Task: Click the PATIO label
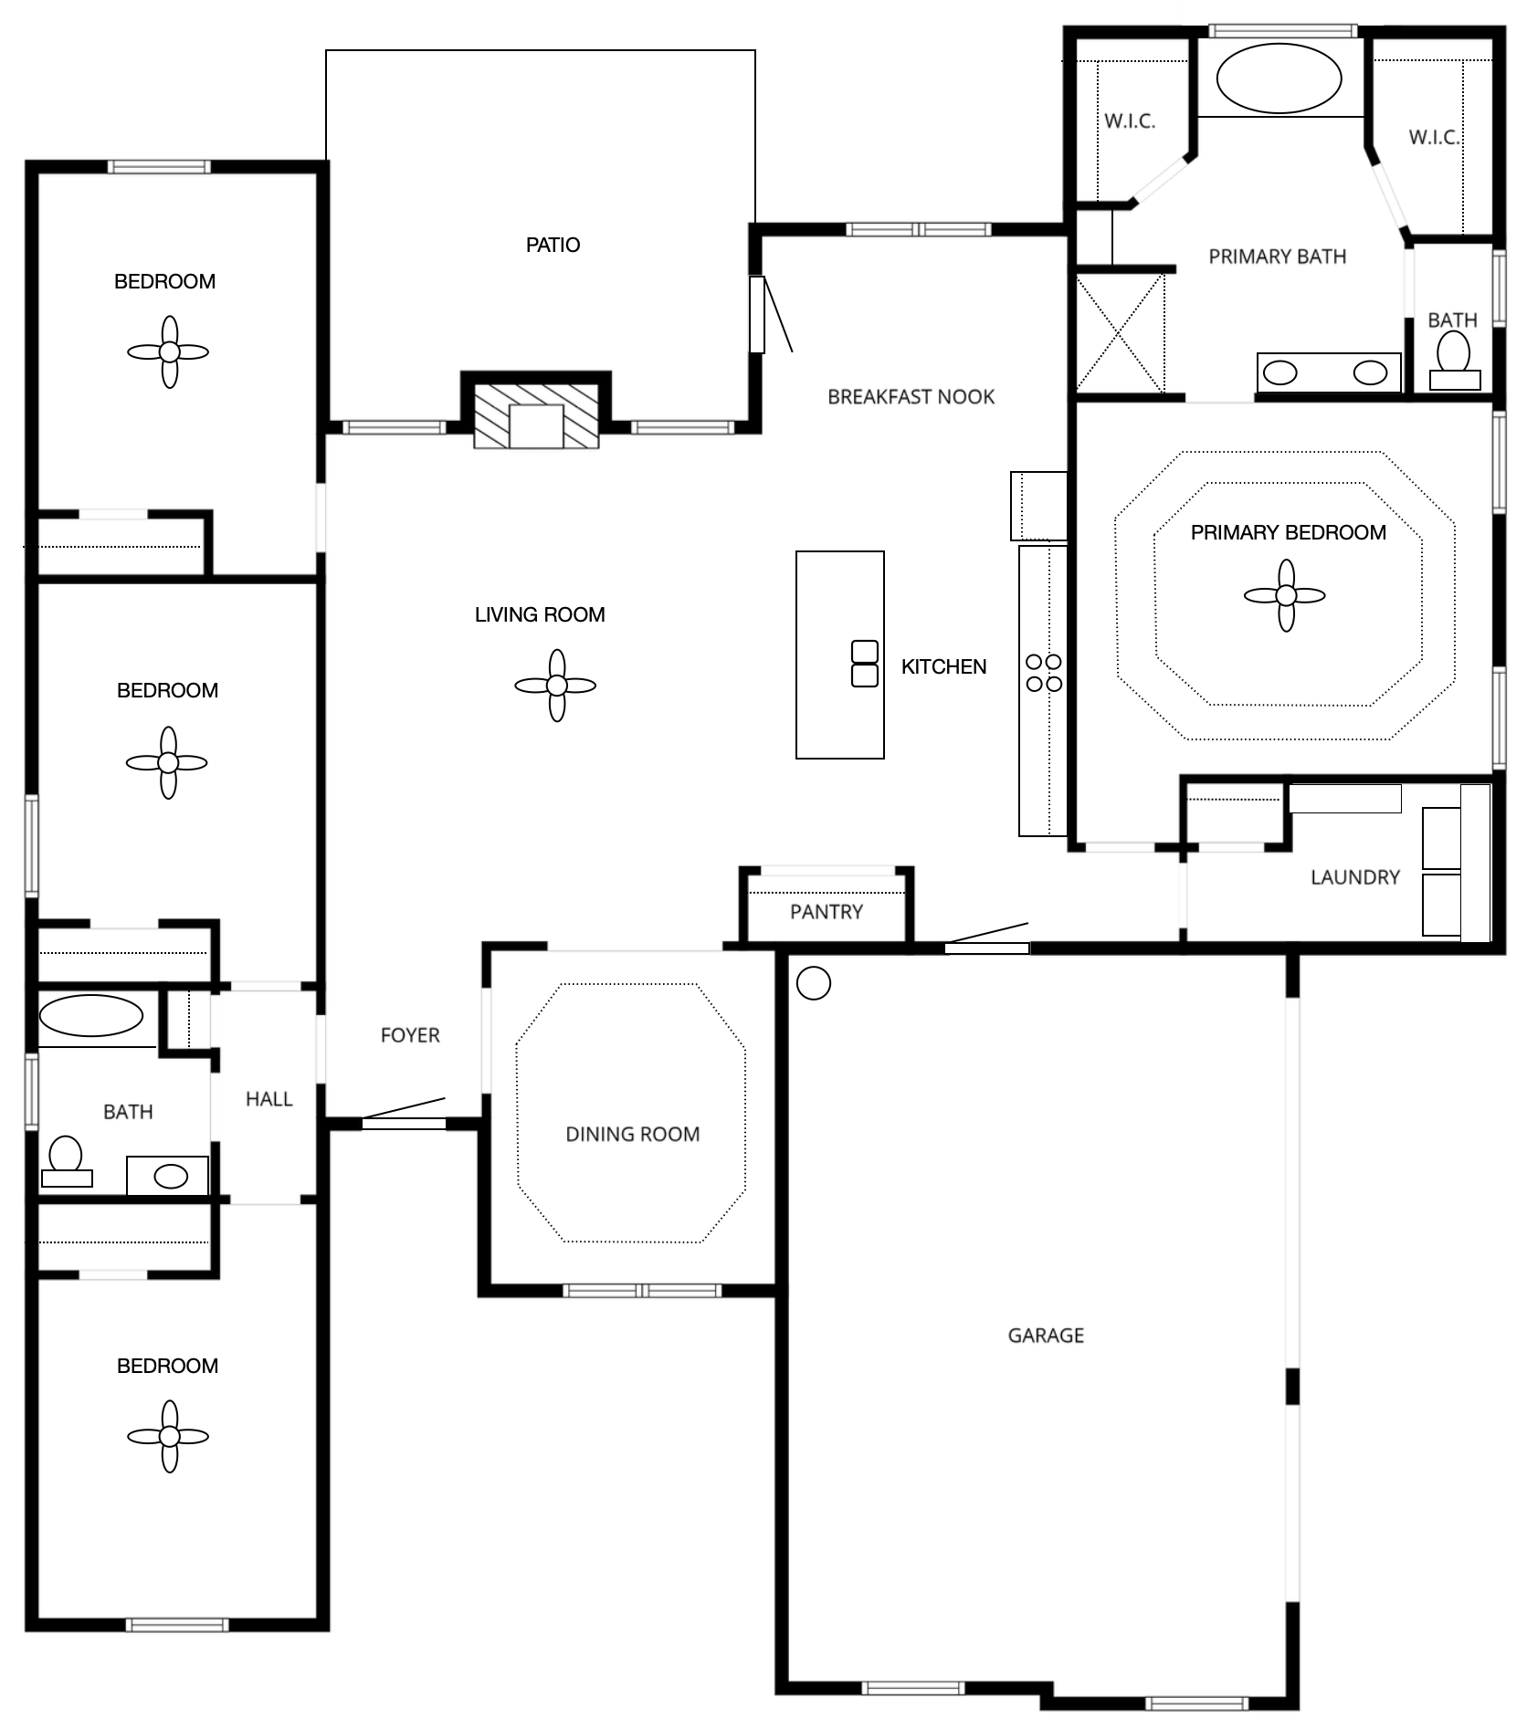553,245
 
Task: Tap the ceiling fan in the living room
555,686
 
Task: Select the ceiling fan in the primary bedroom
1285,596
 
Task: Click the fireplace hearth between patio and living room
536,416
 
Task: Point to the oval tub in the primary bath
1279,79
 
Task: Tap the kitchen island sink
864,664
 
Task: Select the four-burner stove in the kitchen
1044,673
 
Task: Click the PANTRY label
826,912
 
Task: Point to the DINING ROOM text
632,1135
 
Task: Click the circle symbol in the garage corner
813,983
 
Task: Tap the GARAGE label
1046,1336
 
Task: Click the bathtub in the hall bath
91,1016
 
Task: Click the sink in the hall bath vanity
170,1177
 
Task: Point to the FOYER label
410,1035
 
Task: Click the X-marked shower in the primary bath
1120,333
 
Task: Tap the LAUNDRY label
1354,877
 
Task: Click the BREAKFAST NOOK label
911,397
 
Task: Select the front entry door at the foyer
404,1123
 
